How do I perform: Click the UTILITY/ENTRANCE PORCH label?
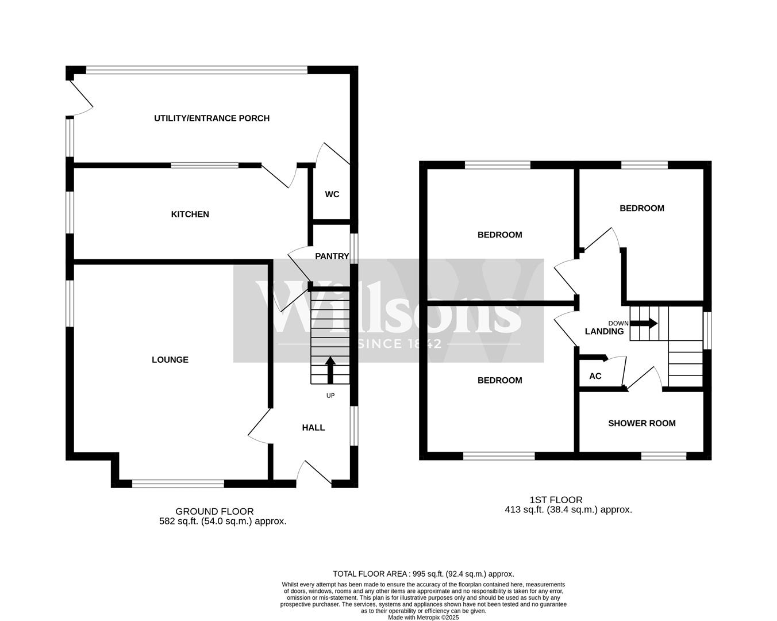pyautogui.click(x=211, y=118)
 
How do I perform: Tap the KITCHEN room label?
pyautogui.click(x=190, y=214)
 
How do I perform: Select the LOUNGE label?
pyautogui.click(x=170, y=360)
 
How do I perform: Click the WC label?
pyautogui.click(x=332, y=194)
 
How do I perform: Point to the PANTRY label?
pyautogui.click(x=332, y=256)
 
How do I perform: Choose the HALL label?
pyautogui.click(x=313, y=428)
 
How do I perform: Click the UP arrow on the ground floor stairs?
pyautogui.click(x=330, y=370)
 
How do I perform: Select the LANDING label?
pyautogui.click(x=604, y=332)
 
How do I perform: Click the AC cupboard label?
pyautogui.click(x=595, y=377)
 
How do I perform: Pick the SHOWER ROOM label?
pyautogui.click(x=642, y=424)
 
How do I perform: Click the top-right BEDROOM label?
pyautogui.click(x=641, y=209)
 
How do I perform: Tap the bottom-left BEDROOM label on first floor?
pyautogui.click(x=499, y=381)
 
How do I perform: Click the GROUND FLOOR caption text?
pyautogui.click(x=214, y=511)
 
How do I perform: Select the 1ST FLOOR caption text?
pyautogui.click(x=556, y=500)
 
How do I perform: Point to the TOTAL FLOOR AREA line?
pyautogui.click(x=424, y=574)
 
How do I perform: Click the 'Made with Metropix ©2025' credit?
pyautogui.click(x=424, y=618)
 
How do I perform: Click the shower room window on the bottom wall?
pyautogui.click(x=664, y=456)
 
